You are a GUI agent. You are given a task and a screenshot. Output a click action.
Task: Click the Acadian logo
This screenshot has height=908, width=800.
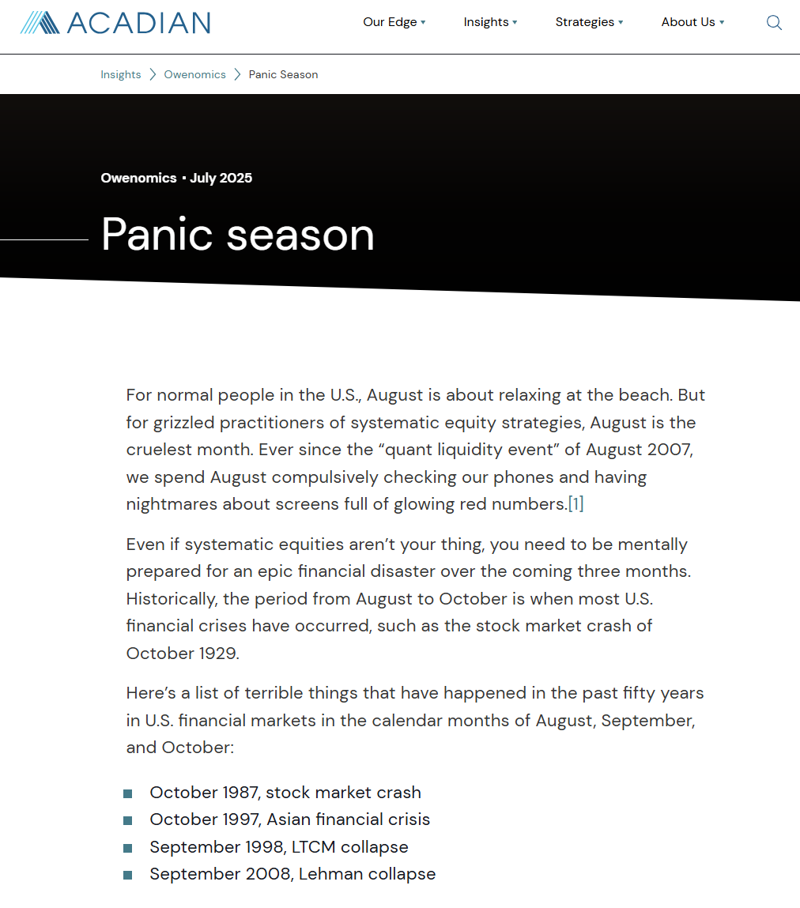click(x=115, y=22)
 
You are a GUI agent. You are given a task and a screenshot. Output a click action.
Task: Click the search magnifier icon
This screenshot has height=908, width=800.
click(x=774, y=23)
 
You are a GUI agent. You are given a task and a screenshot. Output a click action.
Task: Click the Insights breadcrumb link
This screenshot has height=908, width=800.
click(x=121, y=74)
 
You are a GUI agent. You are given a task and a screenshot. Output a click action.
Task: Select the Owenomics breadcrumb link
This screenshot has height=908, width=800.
click(x=194, y=74)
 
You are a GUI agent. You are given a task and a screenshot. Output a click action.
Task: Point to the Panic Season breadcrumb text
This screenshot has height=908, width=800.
click(x=283, y=74)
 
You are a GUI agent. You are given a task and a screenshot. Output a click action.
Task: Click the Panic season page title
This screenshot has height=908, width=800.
click(x=238, y=234)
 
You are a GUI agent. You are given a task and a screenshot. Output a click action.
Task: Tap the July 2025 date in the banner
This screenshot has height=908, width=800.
click(x=221, y=178)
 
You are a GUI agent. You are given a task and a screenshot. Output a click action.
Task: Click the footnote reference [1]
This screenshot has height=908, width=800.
click(x=575, y=504)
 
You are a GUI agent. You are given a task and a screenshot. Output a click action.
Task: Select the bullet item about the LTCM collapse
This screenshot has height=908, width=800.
click(x=279, y=847)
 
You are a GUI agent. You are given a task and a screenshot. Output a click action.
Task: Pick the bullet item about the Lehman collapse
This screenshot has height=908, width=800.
click(x=292, y=874)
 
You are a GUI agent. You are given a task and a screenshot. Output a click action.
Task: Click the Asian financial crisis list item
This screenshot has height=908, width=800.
click(x=289, y=819)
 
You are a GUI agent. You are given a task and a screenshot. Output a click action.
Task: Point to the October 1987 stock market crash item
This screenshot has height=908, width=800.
click(x=285, y=793)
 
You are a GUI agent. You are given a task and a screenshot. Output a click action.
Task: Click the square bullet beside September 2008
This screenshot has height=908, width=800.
click(x=128, y=875)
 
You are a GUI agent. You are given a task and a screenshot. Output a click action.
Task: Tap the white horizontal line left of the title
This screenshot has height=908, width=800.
click(x=44, y=239)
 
